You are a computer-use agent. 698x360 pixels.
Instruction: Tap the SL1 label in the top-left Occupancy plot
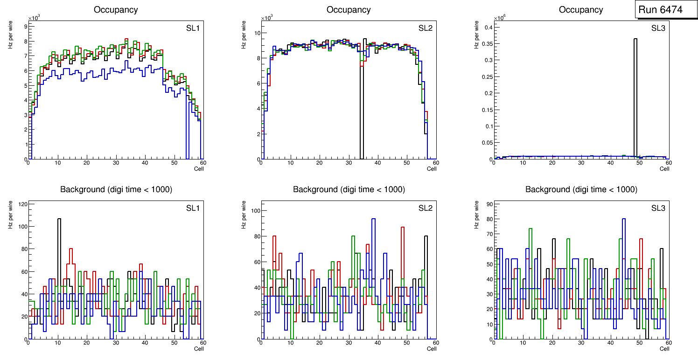pyautogui.click(x=193, y=28)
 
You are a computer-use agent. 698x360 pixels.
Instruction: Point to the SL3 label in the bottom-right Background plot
pyautogui.click(x=658, y=208)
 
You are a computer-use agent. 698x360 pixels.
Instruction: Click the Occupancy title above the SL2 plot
pyautogui.click(x=349, y=10)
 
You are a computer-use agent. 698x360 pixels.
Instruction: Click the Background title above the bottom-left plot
pyautogui.click(x=116, y=189)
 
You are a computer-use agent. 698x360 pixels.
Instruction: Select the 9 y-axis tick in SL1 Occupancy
pyautogui.click(x=25, y=27)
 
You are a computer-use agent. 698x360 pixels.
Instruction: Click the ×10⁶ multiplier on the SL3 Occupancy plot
pyautogui.click(x=499, y=18)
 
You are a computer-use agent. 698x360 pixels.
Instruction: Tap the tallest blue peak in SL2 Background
pyautogui.click(x=373, y=219)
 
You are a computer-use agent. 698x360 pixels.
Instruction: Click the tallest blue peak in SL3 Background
pyautogui.click(x=624, y=219)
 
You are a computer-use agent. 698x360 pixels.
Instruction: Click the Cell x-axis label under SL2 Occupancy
pyautogui.click(x=432, y=169)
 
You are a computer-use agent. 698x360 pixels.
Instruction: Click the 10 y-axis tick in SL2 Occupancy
pyautogui.click(x=256, y=33)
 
